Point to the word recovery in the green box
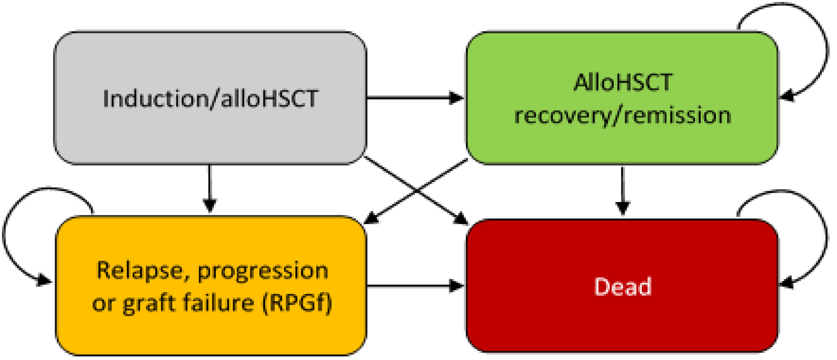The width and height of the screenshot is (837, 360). tap(562, 116)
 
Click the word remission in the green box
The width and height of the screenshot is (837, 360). tap(678, 115)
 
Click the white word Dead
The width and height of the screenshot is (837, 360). tap(623, 287)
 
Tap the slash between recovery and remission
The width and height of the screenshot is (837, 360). tap(617, 116)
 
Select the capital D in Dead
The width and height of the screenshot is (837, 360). tap(601, 287)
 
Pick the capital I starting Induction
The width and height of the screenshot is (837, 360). tap(106, 98)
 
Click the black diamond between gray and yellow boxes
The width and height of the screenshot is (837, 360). tap(210, 190)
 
